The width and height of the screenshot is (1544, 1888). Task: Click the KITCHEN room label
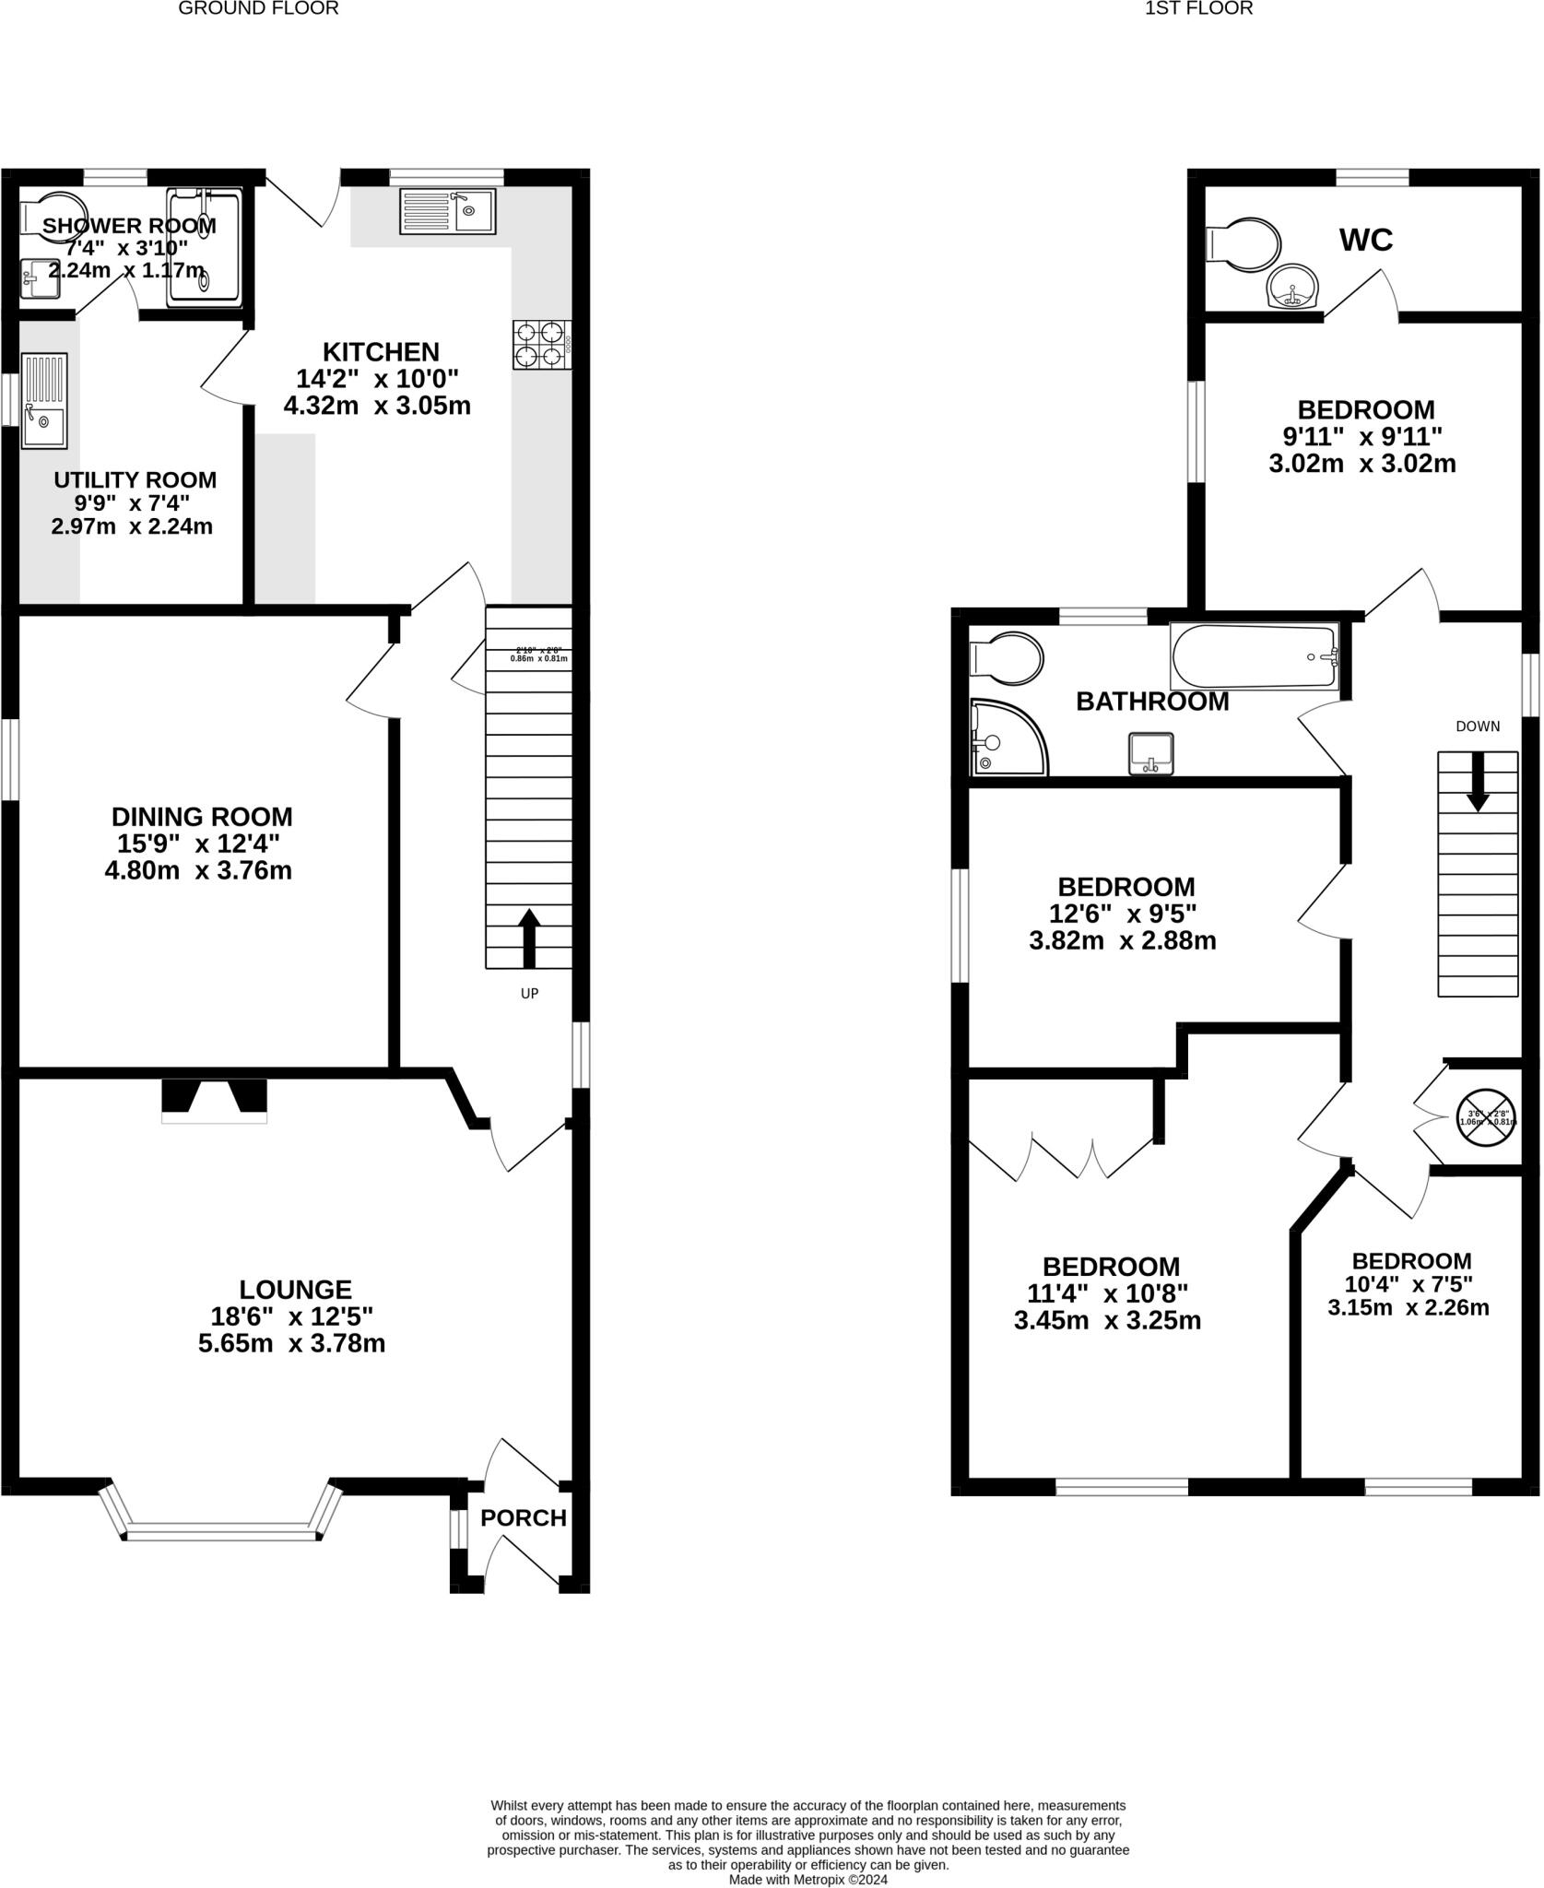tap(381, 352)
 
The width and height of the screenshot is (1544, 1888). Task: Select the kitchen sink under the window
tap(447, 211)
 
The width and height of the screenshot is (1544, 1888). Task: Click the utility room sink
tap(44, 401)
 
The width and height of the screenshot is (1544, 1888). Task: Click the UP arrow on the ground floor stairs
tap(529, 938)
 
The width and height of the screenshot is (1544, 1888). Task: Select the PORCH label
tap(523, 1517)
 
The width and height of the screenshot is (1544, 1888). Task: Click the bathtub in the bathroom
tap(1254, 656)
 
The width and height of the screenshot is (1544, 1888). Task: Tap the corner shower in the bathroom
tap(1007, 738)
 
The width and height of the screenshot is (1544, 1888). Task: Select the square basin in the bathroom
tap(1151, 753)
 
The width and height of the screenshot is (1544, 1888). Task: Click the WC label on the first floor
tap(1365, 241)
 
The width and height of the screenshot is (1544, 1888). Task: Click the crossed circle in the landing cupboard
tap(1485, 1118)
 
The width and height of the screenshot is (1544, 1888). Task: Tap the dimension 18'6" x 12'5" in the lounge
tap(291, 1316)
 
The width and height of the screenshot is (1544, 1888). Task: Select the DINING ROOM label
tap(202, 817)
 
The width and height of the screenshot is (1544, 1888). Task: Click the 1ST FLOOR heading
tap(1198, 9)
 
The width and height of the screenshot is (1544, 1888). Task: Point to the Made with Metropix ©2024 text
tap(807, 1879)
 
